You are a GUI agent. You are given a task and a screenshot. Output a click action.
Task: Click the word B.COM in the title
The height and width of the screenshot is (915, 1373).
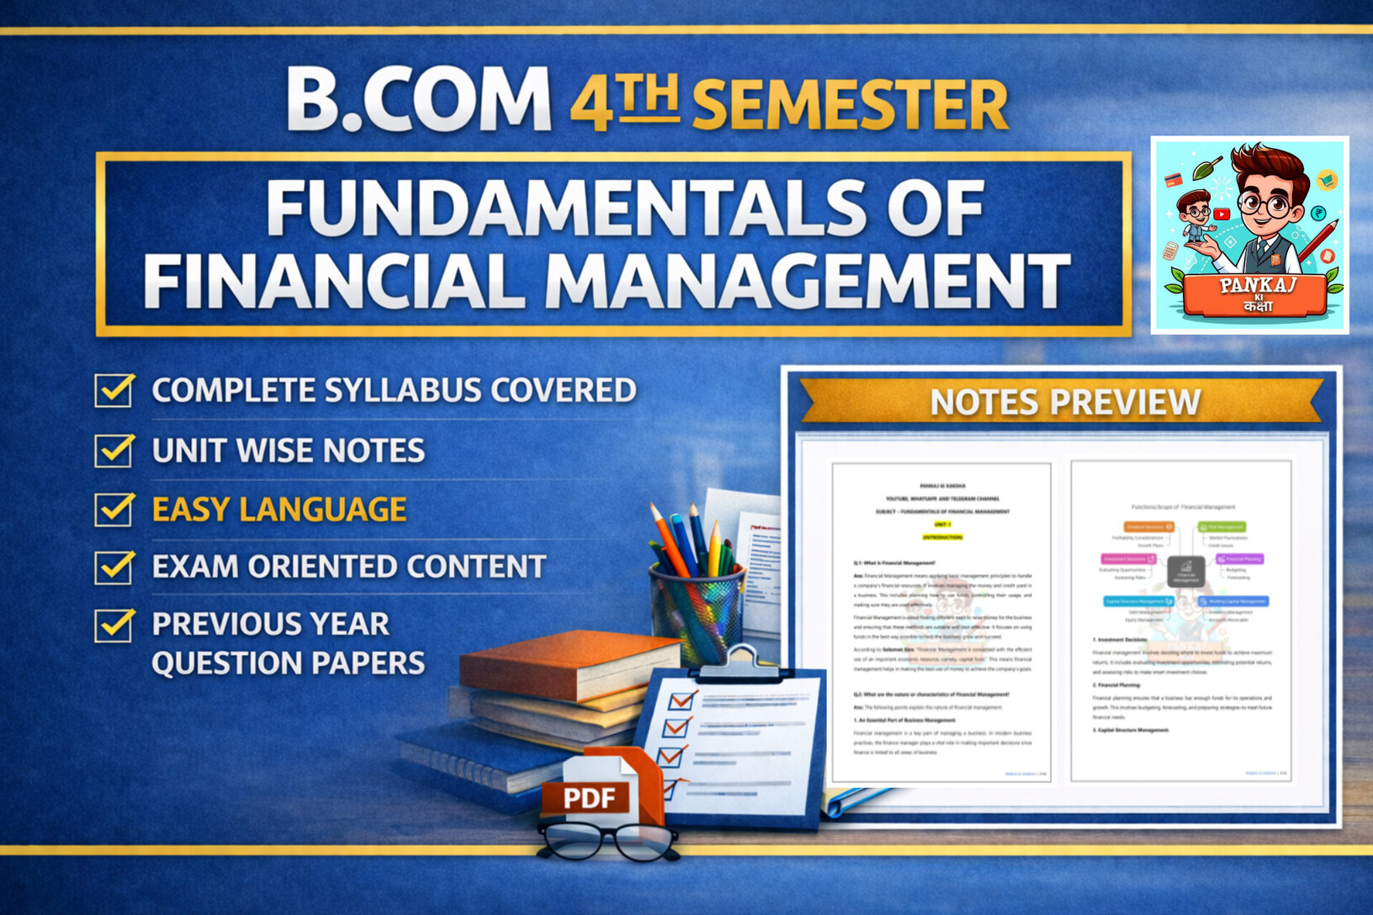point(418,101)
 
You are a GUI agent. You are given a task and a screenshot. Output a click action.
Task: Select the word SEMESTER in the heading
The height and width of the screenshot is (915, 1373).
point(850,105)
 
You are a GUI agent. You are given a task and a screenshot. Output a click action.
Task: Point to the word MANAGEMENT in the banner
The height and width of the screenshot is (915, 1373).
point(808,282)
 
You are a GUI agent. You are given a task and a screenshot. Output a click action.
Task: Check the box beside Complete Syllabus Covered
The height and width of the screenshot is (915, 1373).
point(114,390)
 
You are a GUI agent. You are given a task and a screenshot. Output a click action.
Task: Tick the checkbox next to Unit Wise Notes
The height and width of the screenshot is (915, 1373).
point(114,450)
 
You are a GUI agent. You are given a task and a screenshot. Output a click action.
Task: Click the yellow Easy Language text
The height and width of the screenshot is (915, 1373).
point(279,510)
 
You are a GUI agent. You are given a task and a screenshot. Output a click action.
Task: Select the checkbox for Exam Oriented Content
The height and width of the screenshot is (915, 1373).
point(114,567)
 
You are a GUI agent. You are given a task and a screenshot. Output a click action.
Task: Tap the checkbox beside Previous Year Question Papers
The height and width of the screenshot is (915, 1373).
point(114,625)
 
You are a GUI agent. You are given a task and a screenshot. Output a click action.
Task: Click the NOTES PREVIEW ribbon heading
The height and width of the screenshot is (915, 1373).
point(1064,402)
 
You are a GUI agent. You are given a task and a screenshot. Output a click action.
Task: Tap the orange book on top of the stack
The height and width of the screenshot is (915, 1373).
point(572,664)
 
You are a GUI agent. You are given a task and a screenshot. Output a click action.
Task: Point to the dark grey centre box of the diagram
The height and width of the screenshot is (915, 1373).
point(1185,571)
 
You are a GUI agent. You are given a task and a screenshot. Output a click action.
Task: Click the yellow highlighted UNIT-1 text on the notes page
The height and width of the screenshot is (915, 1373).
point(942,524)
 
